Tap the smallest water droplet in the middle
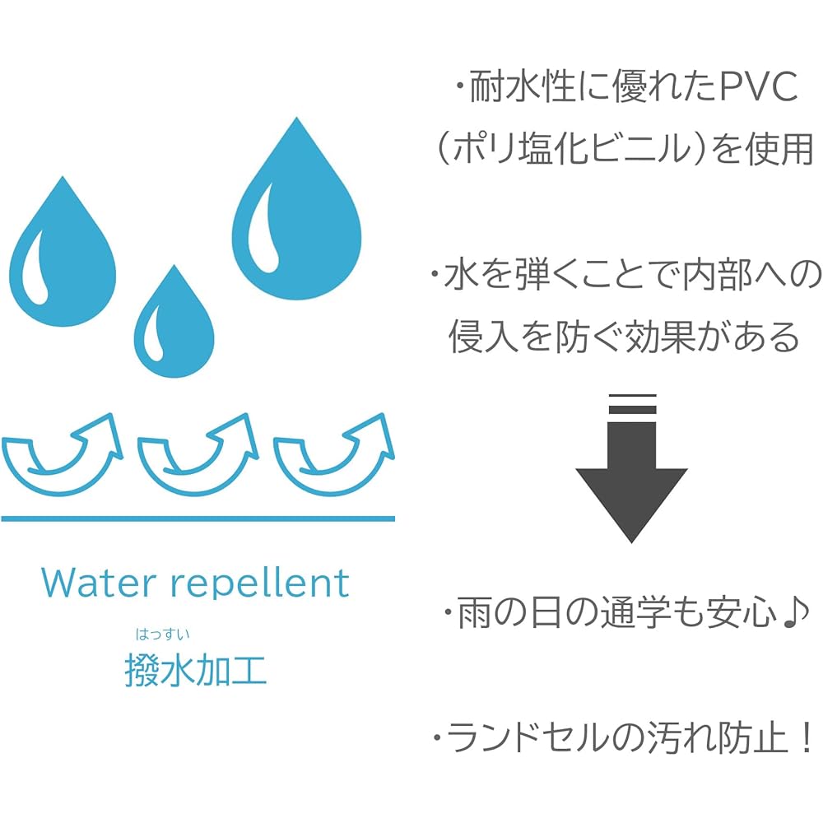click(174, 331)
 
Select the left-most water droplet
click(63, 263)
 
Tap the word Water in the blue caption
click(99, 583)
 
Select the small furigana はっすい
click(163, 635)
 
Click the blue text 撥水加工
click(196, 670)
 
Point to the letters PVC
click(759, 86)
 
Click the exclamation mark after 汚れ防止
click(806, 738)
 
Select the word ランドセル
click(529, 737)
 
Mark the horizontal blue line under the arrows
click(198, 518)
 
